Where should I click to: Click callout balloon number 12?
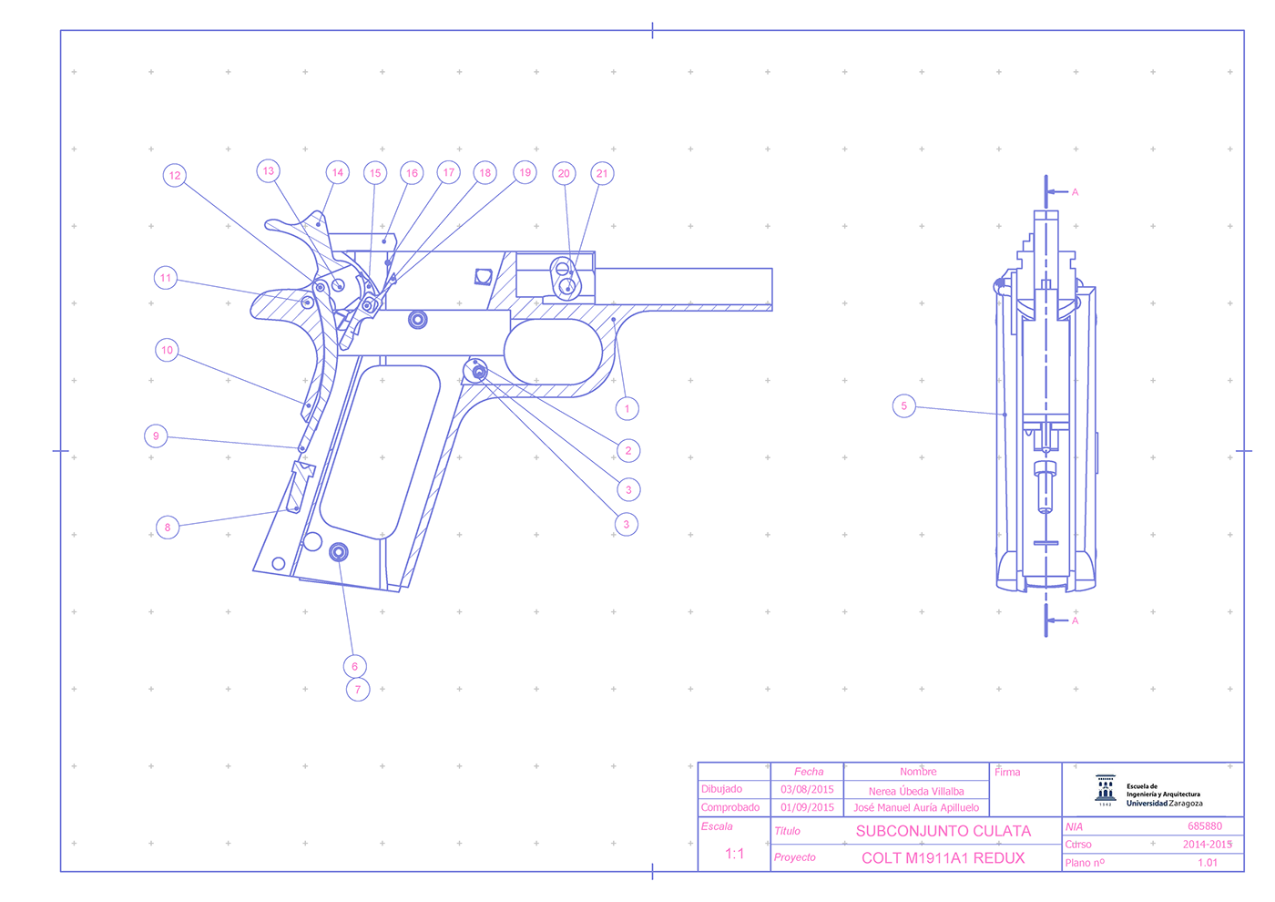pos(175,175)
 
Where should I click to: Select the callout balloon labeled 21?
pos(602,174)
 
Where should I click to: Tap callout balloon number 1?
pos(627,409)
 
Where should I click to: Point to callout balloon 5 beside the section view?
pos(903,406)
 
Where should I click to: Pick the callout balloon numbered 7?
pos(358,690)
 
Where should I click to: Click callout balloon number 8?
pos(168,528)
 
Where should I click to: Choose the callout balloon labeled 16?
pos(412,173)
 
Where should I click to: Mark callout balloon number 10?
pos(167,350)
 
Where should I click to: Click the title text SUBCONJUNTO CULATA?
pos(943,831)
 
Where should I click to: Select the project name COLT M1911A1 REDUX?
pos(943,858)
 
